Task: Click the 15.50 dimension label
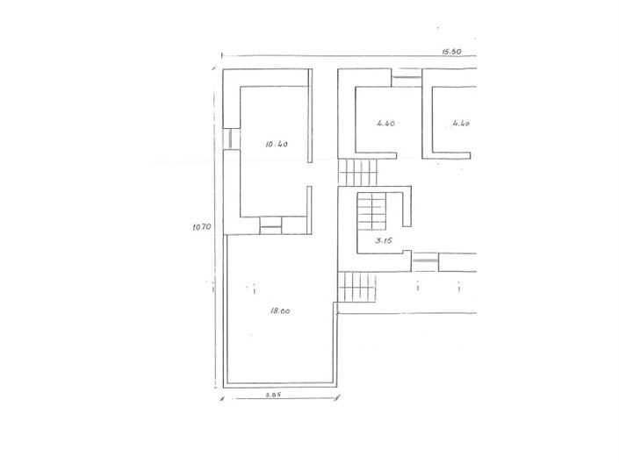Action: pos(451,52)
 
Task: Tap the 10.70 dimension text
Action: pos(202,227)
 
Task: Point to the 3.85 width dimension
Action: pos(273,395)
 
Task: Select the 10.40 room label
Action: pos(277,143)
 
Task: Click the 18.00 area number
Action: pos(281,310)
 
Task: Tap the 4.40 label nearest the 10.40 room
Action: pos(386,124)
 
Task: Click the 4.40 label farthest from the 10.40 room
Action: pos(461,124)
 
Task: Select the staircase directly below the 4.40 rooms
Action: pos(357,172)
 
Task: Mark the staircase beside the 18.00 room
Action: pos(358,288)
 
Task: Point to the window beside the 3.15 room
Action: pos(425,260)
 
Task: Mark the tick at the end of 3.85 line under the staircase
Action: pos(338,398)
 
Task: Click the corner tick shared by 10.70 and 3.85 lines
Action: pos(222,398)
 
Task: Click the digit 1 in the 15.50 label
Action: pos(443,52)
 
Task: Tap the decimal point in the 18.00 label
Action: pos(281,310)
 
